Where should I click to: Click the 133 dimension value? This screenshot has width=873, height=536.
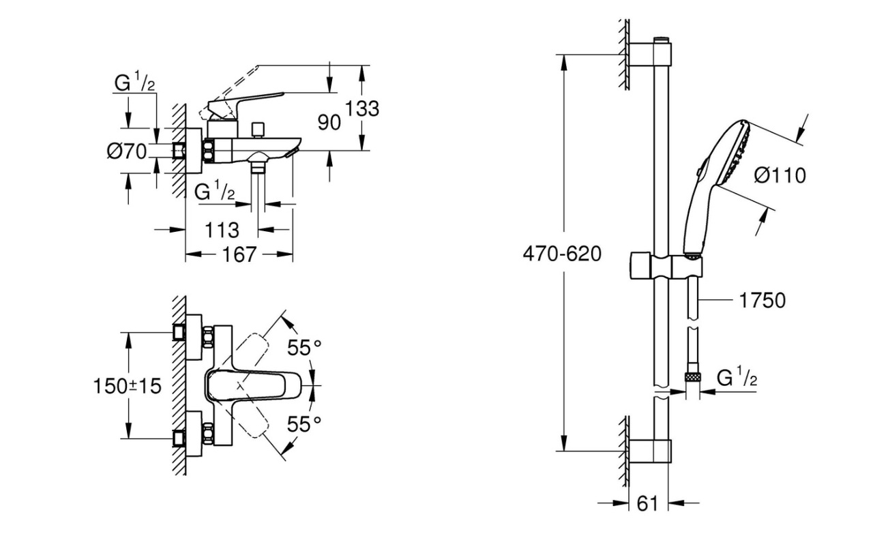pyautogui.click(x=362, y=108)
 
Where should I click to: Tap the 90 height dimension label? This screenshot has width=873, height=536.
pyautogui.click(x=329, y=122)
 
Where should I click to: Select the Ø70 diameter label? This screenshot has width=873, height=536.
pyautogui.click(x=127, y=151)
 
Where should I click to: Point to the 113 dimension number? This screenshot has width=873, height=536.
pyautogui.click(x=222, y=230)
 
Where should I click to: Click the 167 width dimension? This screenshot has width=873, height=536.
pyautogui.click(x=239, y=255)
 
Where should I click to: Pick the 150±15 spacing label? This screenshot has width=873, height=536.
pyautogui.click(x=127, y=386)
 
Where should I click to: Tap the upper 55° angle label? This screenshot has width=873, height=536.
pyautogui.click(x=304, y=348)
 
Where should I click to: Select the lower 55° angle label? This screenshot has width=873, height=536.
pyautogui.click(x=304, y=423)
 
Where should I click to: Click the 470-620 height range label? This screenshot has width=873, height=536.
pyautogui.click(x=562, y=254)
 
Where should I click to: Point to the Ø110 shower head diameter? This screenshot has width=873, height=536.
pyautogui.click(x=780, y=175)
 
